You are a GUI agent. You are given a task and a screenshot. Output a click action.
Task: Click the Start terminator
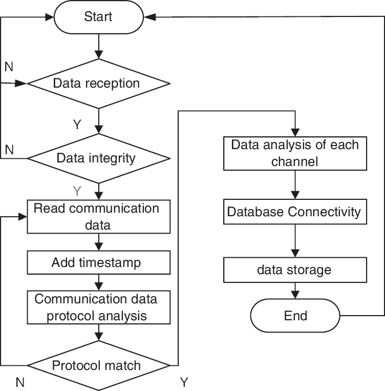coord(98,17)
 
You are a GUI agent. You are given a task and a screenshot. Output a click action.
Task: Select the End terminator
coord(295,315)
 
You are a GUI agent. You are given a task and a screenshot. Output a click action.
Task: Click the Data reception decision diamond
coord(98,84)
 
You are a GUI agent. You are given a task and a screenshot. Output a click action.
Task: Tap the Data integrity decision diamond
coord(98,158)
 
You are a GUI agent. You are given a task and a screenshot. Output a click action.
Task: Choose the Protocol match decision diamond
coord(98,366)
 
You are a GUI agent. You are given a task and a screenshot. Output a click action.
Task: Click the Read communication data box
coord(98,216)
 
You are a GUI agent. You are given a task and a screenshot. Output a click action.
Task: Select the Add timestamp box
coord(98,263)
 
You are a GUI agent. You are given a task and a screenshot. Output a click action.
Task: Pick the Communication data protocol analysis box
coord(98,307)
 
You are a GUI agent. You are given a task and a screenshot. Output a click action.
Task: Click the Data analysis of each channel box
coord(295,153)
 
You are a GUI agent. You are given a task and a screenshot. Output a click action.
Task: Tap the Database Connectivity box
coord(295,212)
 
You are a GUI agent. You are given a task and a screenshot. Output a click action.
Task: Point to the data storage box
coord(295,270)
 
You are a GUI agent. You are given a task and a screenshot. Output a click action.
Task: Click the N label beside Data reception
coord(9,67)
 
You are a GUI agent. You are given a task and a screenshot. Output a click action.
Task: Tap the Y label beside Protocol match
coord(185,382)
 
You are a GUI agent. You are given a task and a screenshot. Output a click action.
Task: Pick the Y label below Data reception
coord(77,125)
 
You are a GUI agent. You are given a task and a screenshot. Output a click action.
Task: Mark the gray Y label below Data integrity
coord(77,191)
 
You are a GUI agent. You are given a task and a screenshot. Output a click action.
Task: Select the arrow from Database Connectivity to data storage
coord(295,240)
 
